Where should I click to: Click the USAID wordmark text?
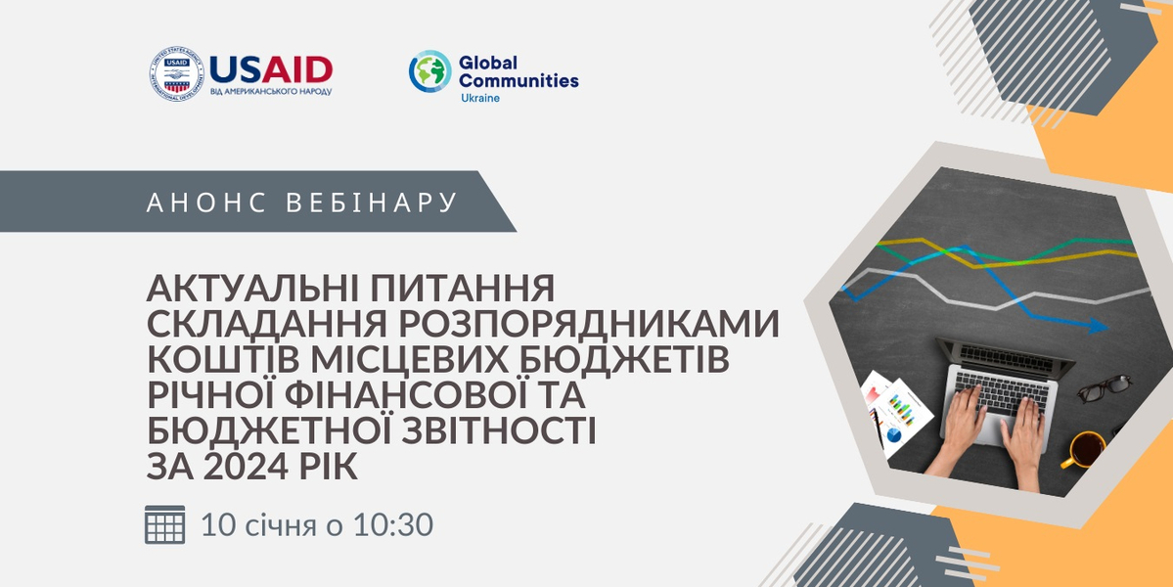point(271,68)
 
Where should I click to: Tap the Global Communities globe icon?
point(429,72)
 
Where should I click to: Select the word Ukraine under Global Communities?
point(479,98)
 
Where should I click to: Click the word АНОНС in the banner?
point(205,203)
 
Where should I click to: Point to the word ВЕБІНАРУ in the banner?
point(372,203)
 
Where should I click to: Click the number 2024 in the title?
point(246,467)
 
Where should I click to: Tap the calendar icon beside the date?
point(164,525)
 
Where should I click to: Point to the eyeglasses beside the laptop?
point(1104,388)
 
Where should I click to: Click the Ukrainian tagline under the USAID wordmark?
point(270,91)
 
